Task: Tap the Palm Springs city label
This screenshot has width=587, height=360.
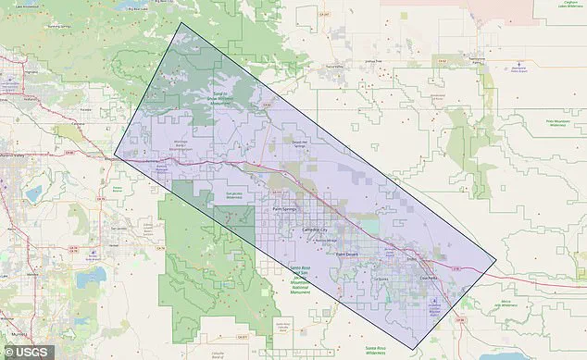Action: (285, 210)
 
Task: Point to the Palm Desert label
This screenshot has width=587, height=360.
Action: (345, 254)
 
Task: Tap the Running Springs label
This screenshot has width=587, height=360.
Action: (57, 26)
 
